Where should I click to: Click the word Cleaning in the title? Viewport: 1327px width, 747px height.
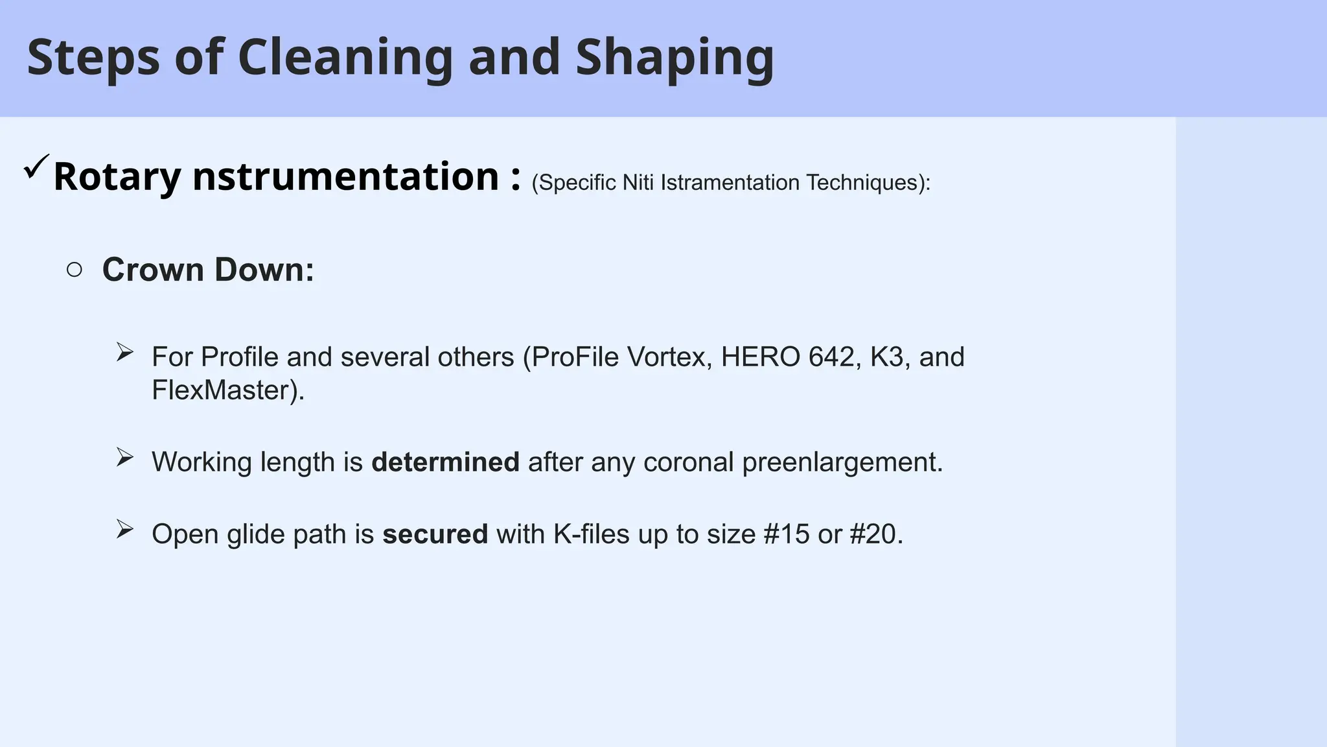click(x=345, y=58)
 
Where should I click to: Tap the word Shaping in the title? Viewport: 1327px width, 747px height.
click(x=675, y=58)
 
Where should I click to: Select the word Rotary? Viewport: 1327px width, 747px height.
click(x=117, y=177)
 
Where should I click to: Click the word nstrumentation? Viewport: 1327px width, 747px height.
click(x=345, y=177)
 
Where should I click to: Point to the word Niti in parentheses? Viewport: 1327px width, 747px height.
click(x=638, y=183)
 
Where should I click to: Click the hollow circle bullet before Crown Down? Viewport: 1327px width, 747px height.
click(x=75, y=270)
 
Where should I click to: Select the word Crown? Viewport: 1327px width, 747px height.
click(x=153, y=270)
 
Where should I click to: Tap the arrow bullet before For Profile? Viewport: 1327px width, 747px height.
click(x=124, y=353)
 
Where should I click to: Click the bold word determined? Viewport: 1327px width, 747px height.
click(x=445, y=462)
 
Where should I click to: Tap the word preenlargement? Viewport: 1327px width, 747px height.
click(x=842, y=462)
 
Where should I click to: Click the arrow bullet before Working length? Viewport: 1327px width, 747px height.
click(x=124, y=458)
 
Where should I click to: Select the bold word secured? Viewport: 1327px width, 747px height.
click(x=435, y=534)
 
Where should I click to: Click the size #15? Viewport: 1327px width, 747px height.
click(x=787, y=534)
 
